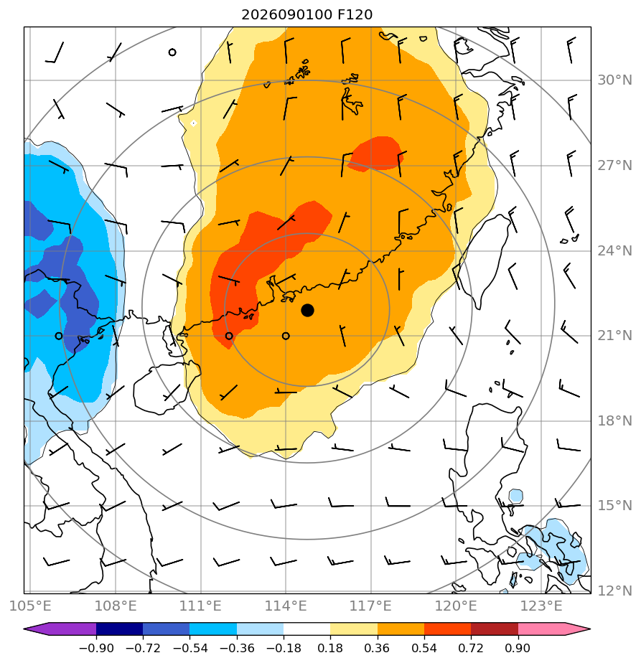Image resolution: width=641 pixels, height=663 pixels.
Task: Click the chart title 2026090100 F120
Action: coord(307,15)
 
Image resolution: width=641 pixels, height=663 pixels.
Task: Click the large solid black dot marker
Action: coord(307,311)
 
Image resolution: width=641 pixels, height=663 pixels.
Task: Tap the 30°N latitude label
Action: coord(614,80)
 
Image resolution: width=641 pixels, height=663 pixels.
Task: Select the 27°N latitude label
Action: coord(614,165)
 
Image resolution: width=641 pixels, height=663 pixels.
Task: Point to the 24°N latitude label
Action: coord(614,250)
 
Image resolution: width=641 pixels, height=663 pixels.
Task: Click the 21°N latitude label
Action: coord(614,336)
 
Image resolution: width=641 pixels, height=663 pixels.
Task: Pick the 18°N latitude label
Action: coord(614,420)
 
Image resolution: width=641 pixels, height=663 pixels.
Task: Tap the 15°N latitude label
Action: coord(614,505)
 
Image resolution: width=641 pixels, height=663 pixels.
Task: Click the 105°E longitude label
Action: coord(30,606)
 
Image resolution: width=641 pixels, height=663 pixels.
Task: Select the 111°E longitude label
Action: coord(200,606)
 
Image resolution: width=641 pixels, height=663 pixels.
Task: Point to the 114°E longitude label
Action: coord(286,606)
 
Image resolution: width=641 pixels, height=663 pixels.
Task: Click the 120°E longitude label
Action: coord(456,606)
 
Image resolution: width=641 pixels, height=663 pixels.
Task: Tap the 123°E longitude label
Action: coord(541,606)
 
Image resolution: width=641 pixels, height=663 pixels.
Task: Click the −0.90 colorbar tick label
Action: coord(96,648)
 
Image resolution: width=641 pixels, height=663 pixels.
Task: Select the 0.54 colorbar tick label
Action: coord(424,648)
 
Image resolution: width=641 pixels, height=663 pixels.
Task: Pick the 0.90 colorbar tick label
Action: coord(518,648)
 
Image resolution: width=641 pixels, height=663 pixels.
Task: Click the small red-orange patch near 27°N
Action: coord(376,154)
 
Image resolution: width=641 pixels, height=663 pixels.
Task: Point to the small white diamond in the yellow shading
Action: coord(193,123)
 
